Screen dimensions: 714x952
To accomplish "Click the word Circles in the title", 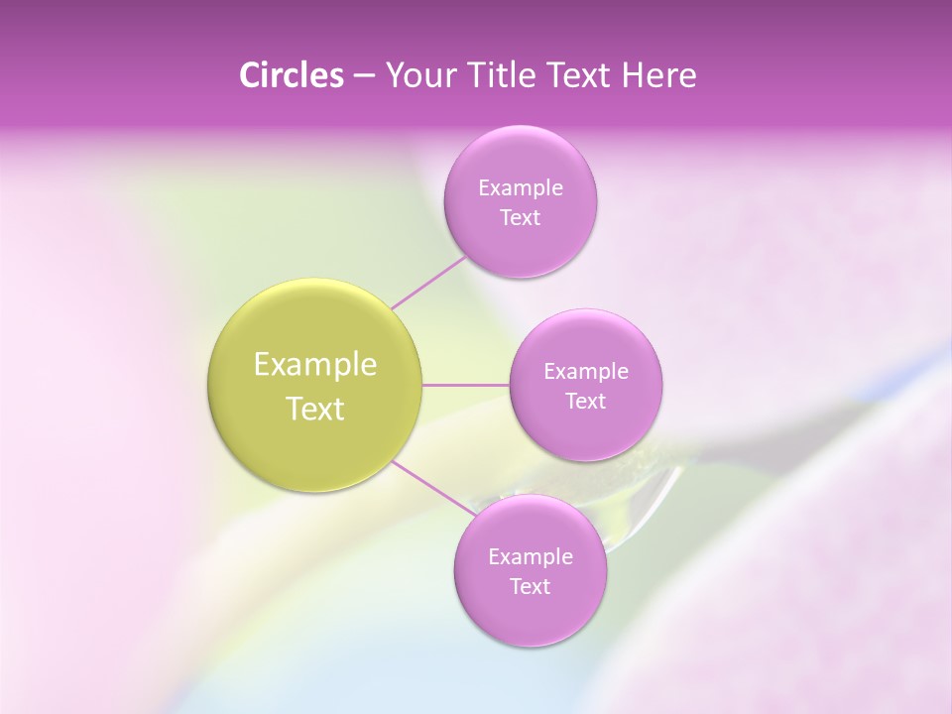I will pos(291,75).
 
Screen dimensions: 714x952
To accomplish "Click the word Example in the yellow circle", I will pos(315,365).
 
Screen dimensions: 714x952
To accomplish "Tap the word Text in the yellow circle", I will pos(315,409).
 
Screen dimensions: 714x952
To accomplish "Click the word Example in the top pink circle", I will pos(520,188).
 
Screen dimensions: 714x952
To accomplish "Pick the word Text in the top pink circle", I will pos(520,218).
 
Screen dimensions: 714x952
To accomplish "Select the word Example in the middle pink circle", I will pos(585,372).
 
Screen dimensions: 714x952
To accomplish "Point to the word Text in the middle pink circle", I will pos(585,402).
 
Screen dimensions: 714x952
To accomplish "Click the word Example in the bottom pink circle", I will pos(530,557).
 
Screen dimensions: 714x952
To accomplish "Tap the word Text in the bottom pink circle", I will pos(530,587).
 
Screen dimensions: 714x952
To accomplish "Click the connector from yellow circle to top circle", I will pos(428,283).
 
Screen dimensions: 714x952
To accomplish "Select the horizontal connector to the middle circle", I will pos(466,385).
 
